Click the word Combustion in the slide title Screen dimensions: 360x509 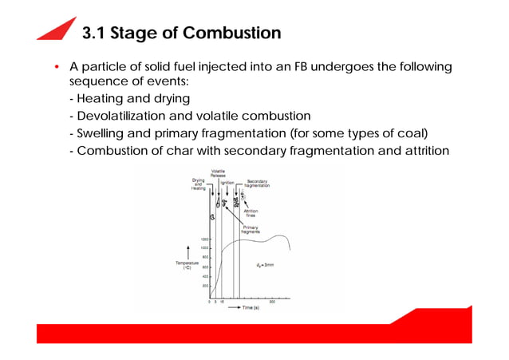pyautogui.click(x=231, y=34)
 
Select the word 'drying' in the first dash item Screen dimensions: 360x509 pyautogui.click(x=166, y=99)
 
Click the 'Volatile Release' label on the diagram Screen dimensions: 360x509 pyautogui.click(x=218, y=173)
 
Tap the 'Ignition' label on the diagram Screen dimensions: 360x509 pyautogui.click(x=227, y=183)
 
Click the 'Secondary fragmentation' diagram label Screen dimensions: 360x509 pyautogui.click(x=258, y=183)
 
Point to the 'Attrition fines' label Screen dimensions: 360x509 pyautogui.click(x=261, y=213)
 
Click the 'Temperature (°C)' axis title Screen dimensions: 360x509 pyautogui.click(x=187, y=265)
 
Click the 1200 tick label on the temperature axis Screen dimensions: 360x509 pyautogui.click(x=204, y=239)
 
